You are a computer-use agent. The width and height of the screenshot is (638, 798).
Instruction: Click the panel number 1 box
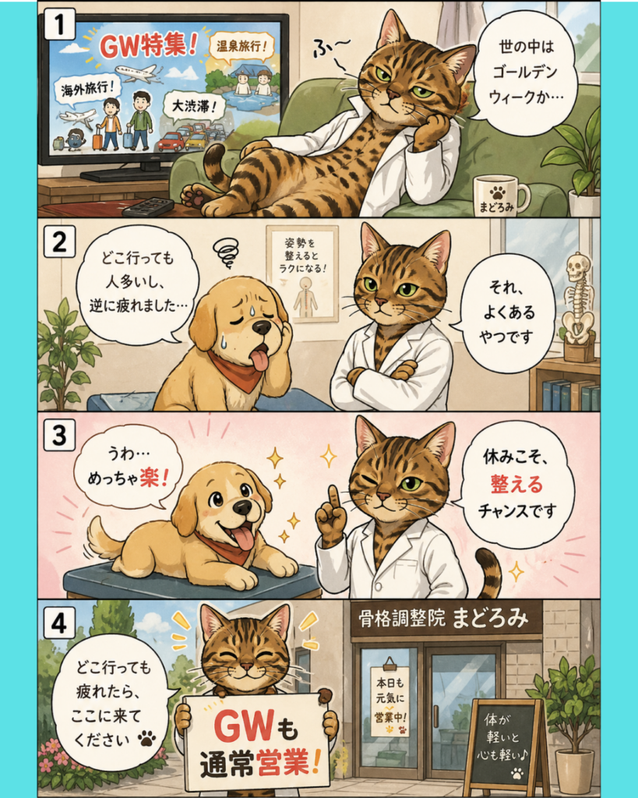tap(59, 24)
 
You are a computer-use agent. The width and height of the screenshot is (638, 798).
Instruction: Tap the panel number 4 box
tap(59, 622)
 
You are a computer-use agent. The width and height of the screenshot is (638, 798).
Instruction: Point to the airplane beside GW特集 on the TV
tap(137, 72)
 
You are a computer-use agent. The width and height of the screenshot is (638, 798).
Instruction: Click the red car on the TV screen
tap(171, 142)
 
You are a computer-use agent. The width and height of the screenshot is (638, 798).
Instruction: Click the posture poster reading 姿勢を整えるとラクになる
tap(302, 274)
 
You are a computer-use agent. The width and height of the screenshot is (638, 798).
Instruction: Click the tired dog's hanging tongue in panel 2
tap(260, 358)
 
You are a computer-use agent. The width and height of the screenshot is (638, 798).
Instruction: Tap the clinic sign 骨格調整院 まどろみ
tap(443, 618)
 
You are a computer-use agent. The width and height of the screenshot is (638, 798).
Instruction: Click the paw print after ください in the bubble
tap(147, 738)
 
